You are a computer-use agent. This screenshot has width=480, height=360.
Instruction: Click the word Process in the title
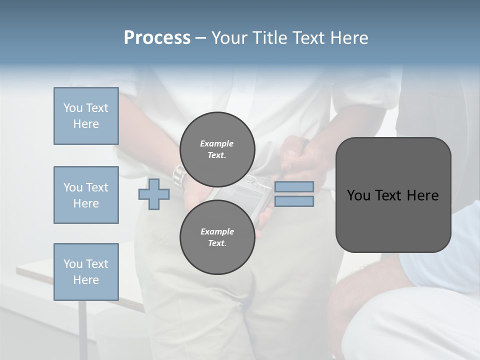coord(157,38)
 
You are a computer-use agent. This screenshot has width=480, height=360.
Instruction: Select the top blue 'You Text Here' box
coord(86,116)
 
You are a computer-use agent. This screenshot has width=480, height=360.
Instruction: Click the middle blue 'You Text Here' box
coord(86,195)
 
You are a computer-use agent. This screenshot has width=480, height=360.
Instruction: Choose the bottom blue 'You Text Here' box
coord(86,271)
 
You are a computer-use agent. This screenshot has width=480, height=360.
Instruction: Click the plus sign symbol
coord(154,194)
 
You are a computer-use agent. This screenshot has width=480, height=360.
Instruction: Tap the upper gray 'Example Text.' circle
coord(217,149)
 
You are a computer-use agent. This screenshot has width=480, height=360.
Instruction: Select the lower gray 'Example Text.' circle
coord(217,237)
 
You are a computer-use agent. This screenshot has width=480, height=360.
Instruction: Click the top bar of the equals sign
coord(294,186)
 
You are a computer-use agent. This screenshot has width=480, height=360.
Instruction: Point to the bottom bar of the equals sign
coord(294,201)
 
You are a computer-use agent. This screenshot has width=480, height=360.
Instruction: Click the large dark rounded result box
coord(393,195)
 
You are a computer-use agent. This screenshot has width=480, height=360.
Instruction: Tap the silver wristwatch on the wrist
coord(178,176)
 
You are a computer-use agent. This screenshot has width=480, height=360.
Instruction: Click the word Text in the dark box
coord(389,195)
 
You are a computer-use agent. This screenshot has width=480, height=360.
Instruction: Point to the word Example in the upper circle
coord(217,143)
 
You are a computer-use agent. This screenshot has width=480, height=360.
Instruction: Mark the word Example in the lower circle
coord(217,231)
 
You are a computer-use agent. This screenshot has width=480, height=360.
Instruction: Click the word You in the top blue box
coord(72,108)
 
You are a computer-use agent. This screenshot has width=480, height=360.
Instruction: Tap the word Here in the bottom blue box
coord(86,280)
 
